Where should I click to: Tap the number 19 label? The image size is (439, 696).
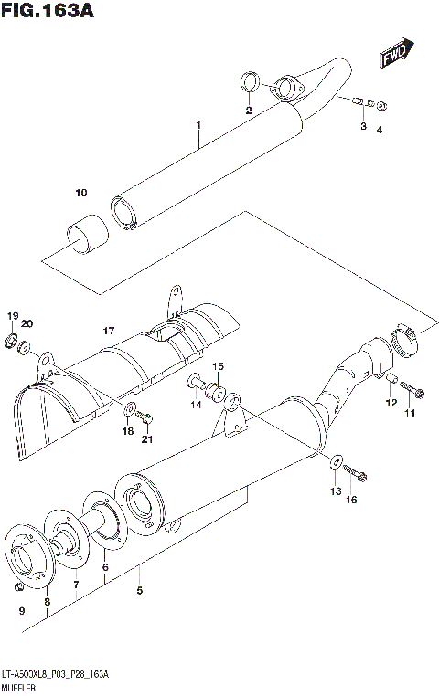pyautogui.click(x=13, y=316)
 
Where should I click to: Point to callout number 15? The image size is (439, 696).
pyautogui.click(x=218, y=367)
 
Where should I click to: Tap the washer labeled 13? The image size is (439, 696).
pyautogui.click(x=336, y=462)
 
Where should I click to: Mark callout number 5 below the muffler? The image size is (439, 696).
pyautogui.click(x=139, y=590)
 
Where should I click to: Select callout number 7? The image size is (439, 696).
pyautogui.click(x=77, y=584)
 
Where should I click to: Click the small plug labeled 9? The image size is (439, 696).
pyautogui.click(x=19, y=584)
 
